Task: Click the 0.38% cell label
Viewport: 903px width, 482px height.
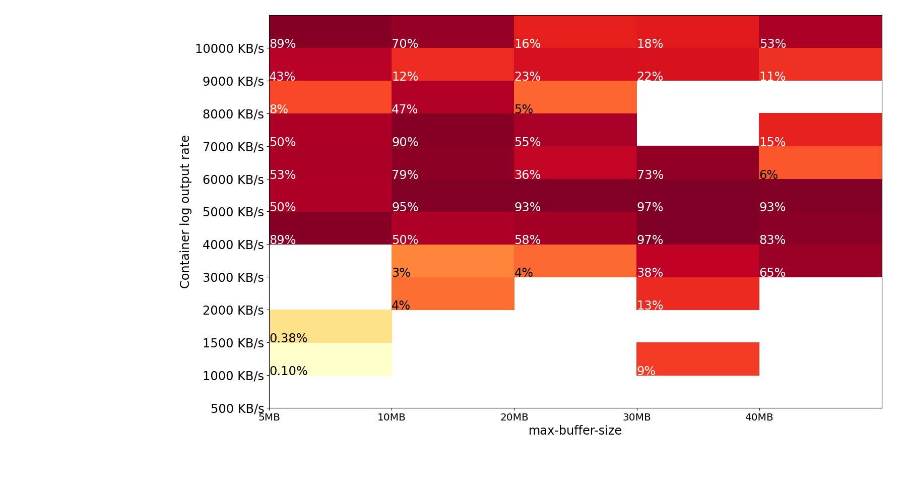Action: (288, 338)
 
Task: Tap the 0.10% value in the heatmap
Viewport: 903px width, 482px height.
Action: (288, 371)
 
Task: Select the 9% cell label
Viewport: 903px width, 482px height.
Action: (646, 371)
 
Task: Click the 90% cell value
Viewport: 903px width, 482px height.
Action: (405, 142)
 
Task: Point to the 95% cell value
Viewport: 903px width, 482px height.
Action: (405, 207)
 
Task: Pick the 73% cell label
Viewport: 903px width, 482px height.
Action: (650, 175)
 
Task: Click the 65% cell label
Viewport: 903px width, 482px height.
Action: (772, 273)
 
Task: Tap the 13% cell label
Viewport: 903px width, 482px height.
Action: (650, 306)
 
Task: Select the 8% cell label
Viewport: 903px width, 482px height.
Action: (279, 109)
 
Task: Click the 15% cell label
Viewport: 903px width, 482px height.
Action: (772, 142)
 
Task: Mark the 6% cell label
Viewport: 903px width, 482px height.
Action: (768, 175)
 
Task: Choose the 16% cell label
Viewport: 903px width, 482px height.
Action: (527, 44)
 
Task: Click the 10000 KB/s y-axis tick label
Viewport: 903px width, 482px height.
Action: (229, 49)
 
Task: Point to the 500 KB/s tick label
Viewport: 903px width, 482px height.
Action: (237, 408)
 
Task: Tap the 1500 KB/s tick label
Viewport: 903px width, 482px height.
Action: (233, 343)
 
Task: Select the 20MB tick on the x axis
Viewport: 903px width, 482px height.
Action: (514, 417)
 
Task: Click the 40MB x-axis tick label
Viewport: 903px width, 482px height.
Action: (759, 417)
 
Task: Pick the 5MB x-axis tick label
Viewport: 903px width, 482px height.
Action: (269, 417)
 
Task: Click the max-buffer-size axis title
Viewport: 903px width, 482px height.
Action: (575, 431)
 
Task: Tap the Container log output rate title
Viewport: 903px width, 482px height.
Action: (185, 212)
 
